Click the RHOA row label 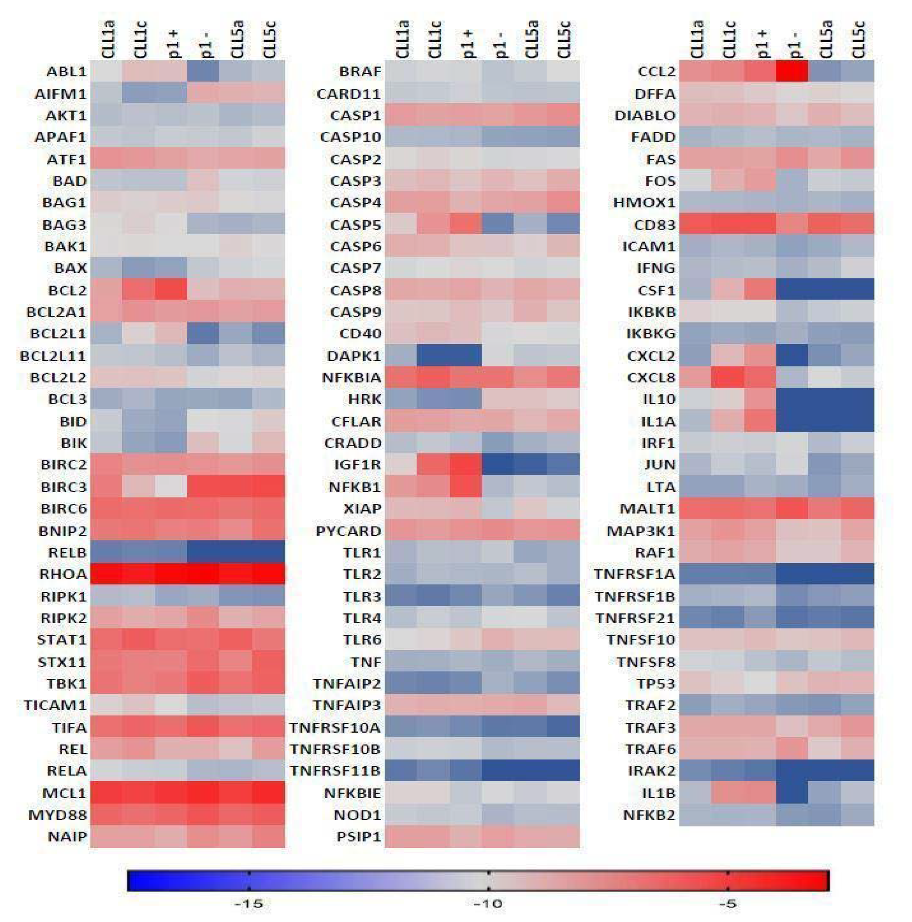point(63,574)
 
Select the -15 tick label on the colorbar point(249,903)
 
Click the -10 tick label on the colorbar point(488,903)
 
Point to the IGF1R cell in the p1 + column point(465,464)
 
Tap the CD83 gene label point(654,224)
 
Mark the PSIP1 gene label point(358,837)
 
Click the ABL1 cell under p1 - point(203,72)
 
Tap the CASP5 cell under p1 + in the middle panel point(465,224)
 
